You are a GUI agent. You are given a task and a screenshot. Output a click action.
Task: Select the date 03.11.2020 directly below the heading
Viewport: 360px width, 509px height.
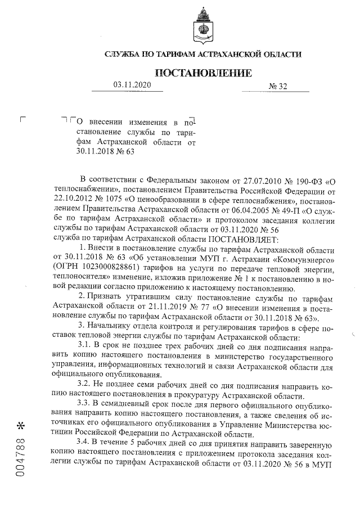(132, 85)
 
